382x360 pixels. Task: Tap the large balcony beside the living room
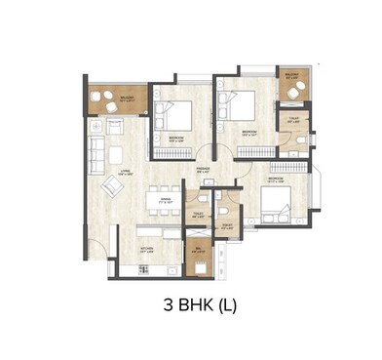[117, 100]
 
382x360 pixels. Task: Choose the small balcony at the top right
[291, 86]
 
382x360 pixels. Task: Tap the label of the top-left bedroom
[174, 139]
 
